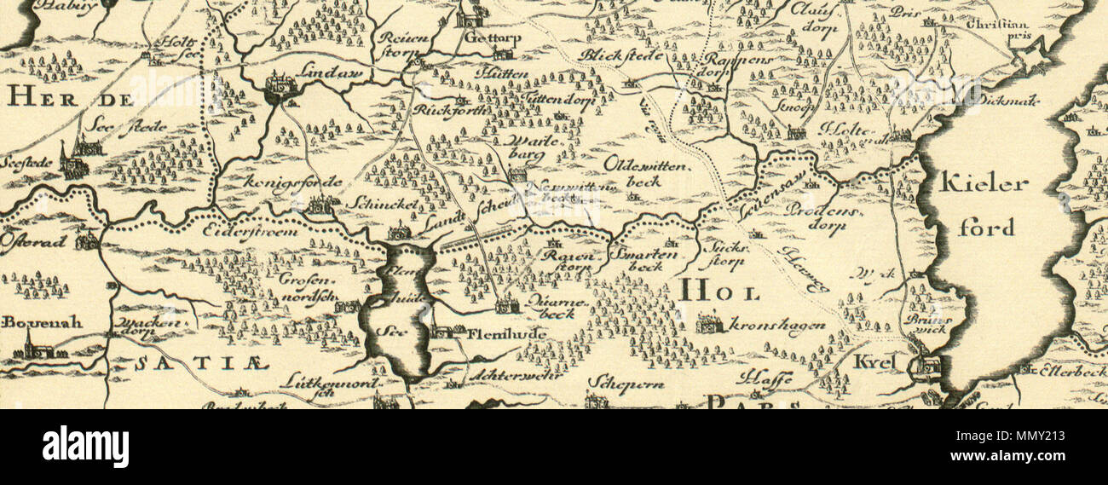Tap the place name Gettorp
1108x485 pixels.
493,38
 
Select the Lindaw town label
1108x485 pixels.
338,75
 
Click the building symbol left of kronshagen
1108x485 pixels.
708,323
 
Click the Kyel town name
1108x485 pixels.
875,362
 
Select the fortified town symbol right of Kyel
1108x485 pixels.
924,367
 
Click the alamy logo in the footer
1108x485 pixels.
85,447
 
